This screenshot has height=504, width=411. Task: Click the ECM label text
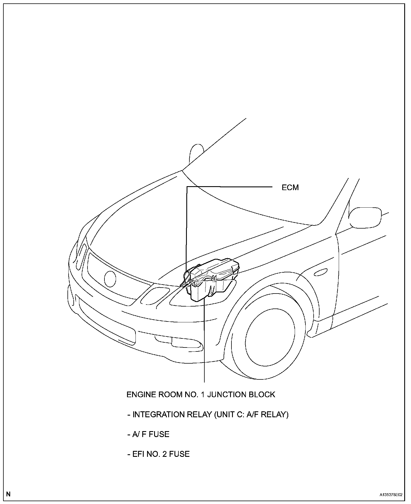pos(290,188)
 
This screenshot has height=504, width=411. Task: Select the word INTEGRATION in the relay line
pos(158,414)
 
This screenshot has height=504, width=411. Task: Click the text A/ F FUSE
pos(148,434)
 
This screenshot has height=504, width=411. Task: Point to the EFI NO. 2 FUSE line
pos(158,454)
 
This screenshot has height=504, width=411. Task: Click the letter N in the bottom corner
pos(8,494)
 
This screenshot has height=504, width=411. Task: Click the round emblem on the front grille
pos(110,279)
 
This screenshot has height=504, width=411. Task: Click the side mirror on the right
pos(365,217)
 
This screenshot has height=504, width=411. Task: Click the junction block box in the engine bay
pos(212,280)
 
